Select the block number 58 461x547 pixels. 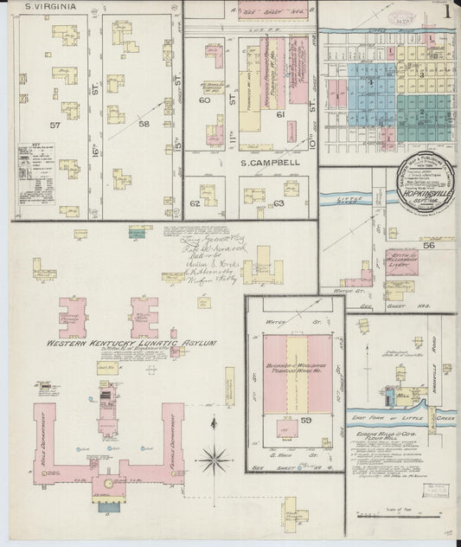[x=144, y=125]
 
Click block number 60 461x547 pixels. [x=205, y=100]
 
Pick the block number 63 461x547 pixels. [x=279, y=204]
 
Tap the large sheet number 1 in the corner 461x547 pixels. [x=446, y=14]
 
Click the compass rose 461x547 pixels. [x=217, y=454]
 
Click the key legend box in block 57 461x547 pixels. [x=37, y=164]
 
